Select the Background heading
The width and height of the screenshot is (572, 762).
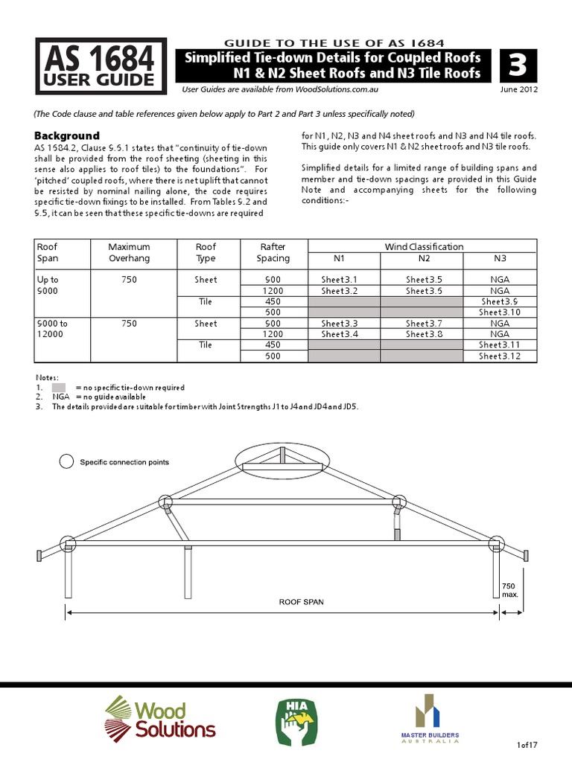click(67, 135)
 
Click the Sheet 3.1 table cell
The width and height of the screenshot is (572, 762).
click(339, 280)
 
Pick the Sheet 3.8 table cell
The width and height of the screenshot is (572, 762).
click(422, 334)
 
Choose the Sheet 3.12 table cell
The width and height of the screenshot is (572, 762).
click(499, 356)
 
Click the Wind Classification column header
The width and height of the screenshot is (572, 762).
click(423, 246)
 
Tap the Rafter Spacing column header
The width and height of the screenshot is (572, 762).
click(273, 252)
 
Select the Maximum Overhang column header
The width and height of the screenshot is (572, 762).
click(129, 252)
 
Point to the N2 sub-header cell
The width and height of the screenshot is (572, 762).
click(422, 258)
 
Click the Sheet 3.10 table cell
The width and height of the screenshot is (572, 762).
click(499, 313)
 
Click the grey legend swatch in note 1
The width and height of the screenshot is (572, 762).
click(59, 388)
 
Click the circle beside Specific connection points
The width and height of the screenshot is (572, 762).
click(66, 462)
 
